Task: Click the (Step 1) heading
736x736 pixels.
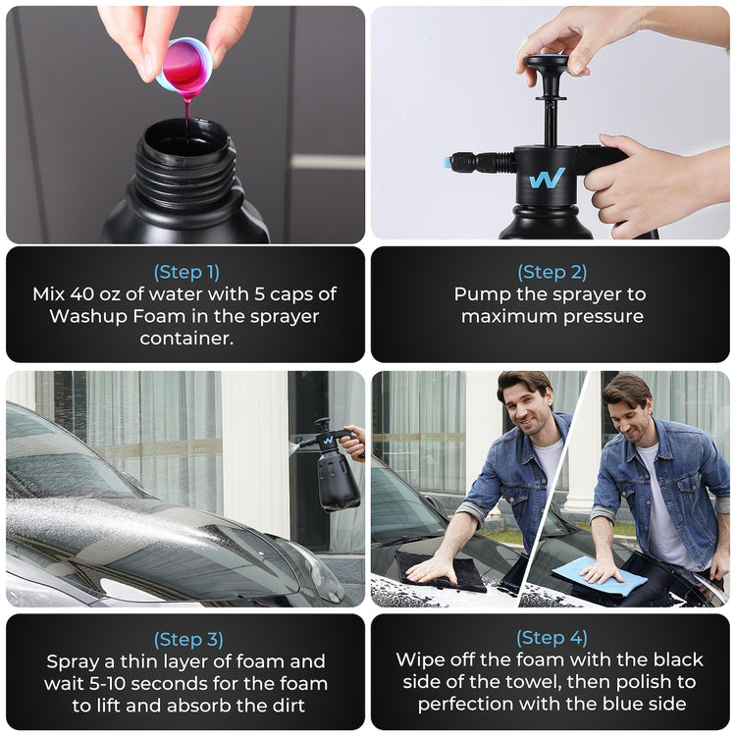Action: point(186,272)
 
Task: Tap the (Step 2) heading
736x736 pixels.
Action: point(552,272)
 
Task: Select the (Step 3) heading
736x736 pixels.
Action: point(188,639)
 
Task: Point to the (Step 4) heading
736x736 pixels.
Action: point(552,638)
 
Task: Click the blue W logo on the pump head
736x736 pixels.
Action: point(547,179)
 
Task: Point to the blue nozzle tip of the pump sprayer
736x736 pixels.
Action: point(447,163)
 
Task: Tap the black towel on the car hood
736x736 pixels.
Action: point(442,571)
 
